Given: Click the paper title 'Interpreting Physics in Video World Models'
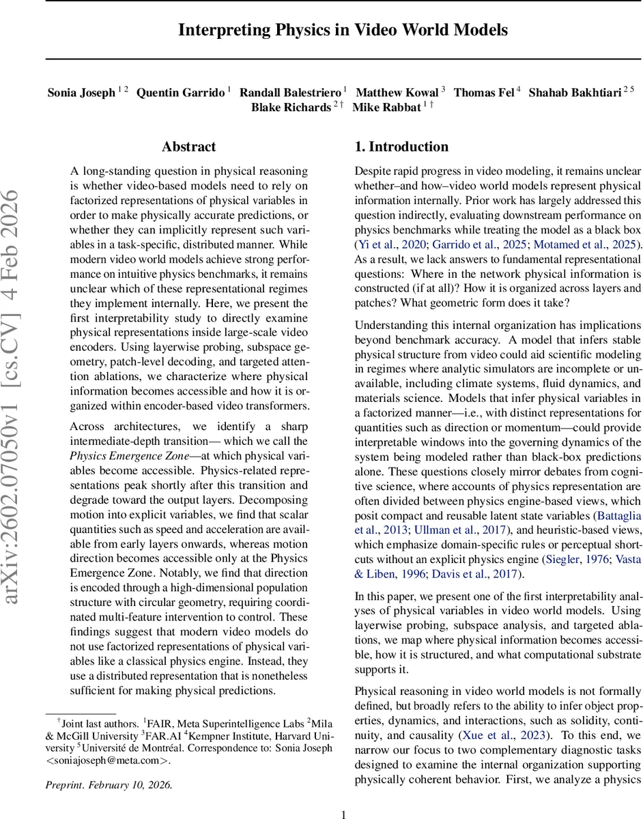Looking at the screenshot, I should pyautogui.click(x=343, y=30).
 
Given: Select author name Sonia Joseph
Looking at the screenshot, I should pyautogui.click(x=81, y=92).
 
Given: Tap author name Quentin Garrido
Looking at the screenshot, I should pyautogui.click(x=180, y=92).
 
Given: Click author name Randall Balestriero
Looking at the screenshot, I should pyautogui.click(x=291, y=92).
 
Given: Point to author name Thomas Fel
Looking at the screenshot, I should pyautogui.click(x=484, y=92).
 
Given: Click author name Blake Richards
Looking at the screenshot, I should pyautogui.click(x=291, y=108).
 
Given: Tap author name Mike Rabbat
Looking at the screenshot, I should pyautogui.click(x=386, y=108).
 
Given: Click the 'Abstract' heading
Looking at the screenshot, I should pyautogui.click(x=188, y=147).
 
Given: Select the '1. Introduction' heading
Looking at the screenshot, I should pyautogui.click(x=401, y=147).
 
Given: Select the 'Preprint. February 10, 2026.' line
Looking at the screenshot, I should pyautogui.click(x=109, y=785).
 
